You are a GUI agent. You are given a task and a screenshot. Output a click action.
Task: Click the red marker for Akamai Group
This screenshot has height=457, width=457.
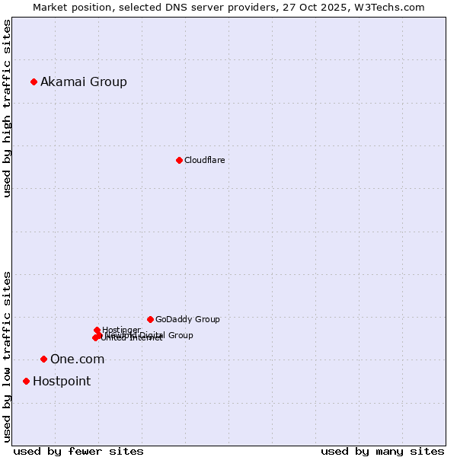coord(34,81)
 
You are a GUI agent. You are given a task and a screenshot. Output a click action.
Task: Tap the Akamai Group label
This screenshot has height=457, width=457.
coord(84,82)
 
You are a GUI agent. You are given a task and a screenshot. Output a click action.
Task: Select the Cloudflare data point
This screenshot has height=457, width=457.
coord(179,160)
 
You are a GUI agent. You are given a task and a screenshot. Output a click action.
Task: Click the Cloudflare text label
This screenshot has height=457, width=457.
coord(204,161)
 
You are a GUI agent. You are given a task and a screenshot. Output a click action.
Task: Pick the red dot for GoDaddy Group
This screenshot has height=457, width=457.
coord(150,319)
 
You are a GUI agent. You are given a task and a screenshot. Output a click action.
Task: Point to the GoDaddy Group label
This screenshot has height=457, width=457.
coord(187,320)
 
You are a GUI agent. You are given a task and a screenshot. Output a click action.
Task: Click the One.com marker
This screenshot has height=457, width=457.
coord(43,359)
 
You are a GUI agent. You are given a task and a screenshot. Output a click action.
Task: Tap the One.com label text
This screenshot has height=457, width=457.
coord(77,360)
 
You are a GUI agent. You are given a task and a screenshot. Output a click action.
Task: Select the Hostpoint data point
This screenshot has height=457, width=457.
coord(27,381)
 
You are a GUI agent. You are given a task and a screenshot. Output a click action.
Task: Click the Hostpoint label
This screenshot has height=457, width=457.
coord(62,382)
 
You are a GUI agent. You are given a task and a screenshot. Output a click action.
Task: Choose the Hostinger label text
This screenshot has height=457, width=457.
coord(121,330)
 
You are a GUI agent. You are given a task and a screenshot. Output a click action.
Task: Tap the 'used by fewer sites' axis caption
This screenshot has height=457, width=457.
coord(78,451)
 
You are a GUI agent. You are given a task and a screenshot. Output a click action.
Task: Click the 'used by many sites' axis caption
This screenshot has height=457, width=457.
coord(382,451)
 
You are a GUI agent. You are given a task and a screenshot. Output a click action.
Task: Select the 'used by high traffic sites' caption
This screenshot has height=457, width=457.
coord(7,108)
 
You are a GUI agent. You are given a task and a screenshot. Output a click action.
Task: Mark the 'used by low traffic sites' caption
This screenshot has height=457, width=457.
coord(7,356)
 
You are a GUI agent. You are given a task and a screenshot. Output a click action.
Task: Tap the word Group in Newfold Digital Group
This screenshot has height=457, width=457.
coord(181,335)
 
